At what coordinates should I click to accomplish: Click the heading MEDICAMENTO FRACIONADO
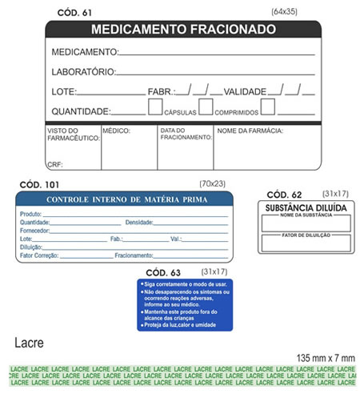point(183,30)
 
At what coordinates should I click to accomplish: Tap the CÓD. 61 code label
point(75,13)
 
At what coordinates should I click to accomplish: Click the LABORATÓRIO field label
point(83,71)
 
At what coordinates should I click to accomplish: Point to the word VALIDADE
point(250,91)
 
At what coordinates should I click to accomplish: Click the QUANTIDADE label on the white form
point(81,111)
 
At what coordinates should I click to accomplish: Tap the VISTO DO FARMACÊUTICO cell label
point(72,134)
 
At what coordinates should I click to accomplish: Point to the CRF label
point(54,164)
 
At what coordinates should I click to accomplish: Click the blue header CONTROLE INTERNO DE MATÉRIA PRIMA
point(126,199)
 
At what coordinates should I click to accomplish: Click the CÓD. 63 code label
point(164,272)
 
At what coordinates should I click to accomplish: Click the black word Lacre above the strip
point(29,344)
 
